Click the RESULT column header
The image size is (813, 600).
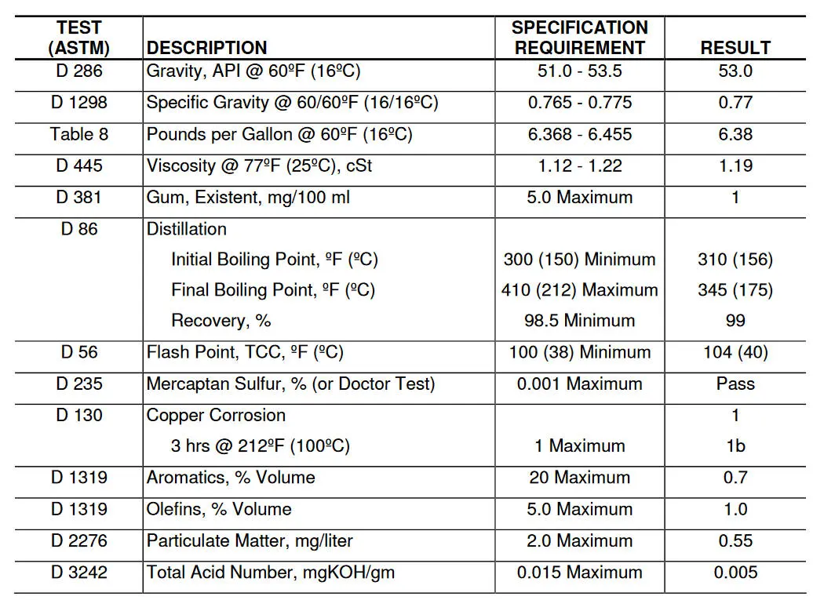pos(735,47)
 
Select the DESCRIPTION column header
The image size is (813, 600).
pos(206,47)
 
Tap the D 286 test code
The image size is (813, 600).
pos(79,71)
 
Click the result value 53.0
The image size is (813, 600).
pos(735,71)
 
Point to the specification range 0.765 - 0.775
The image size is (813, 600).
pos(579,103)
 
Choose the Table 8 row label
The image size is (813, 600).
pos(79,134)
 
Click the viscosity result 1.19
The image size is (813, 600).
pos(735,165)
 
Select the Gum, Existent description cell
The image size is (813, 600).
pos(248,197)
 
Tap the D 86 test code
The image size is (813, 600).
pos(79,229)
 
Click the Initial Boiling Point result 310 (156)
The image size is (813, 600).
pos(735,259)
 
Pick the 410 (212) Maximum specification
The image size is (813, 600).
pos(579,290)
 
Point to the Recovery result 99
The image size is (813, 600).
pos(735,320)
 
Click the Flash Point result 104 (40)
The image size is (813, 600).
pos(735,352)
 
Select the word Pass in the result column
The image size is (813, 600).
pos(735,384)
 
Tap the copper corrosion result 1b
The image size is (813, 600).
pos(735,445)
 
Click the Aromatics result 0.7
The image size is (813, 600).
pos(735,477)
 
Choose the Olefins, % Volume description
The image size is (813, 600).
pos(219,509)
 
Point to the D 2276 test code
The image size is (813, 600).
pos(79,540)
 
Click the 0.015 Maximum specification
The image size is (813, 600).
pos(579,573)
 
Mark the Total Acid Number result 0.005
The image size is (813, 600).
pos(735,573)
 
